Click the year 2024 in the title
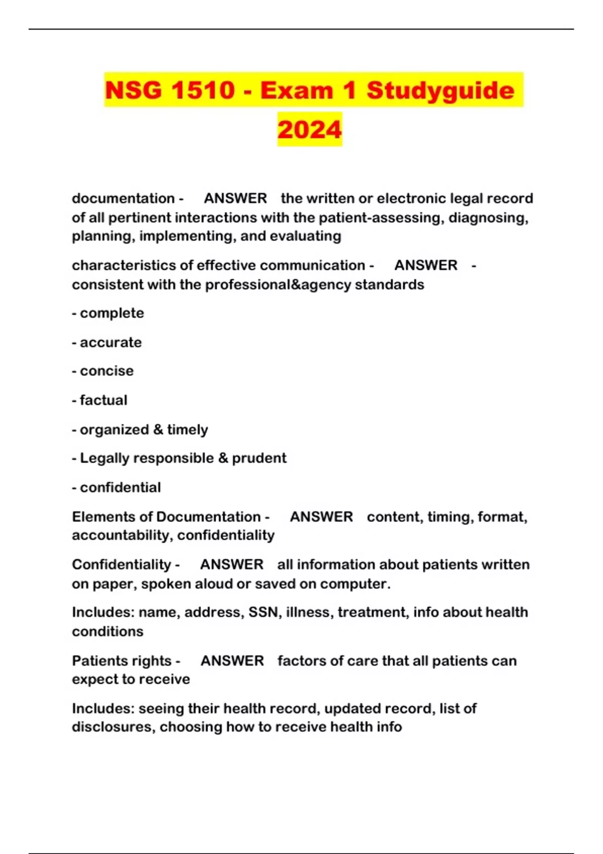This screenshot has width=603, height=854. tap(310, 129)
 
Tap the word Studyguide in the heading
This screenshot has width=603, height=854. tap(440, 90)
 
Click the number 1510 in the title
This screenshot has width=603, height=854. tap(203, 90)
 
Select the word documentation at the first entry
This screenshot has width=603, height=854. tap(123, 198)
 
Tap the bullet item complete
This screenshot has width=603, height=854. tap(112, 313)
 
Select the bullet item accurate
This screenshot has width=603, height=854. tap(111, 343)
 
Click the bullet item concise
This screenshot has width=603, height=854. tap(107, 371)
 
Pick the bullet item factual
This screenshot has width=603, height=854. tap(104, 400)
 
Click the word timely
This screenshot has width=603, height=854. tap(187, 430)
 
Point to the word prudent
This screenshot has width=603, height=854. tap(259, 458)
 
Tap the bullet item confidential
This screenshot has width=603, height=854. tap(120, 487)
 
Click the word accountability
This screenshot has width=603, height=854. tap(122, 536)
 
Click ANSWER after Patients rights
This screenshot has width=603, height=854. tap(232, 661)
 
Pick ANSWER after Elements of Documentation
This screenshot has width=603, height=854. tap(321, 516)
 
